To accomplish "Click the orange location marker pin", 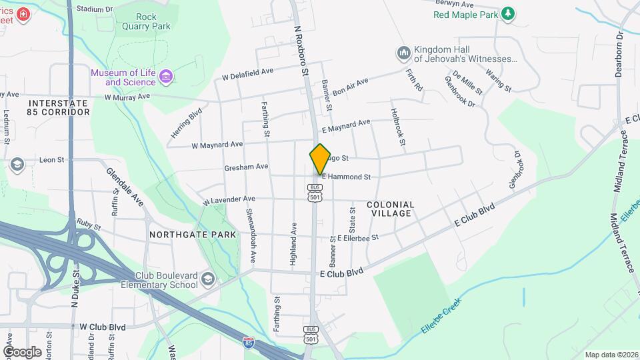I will [320, 159].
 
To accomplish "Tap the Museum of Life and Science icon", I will [167, 77].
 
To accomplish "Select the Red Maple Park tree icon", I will [508, 14].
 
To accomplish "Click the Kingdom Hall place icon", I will [403, 53].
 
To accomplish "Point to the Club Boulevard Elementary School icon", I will [209, 279].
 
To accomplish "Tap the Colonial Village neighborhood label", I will [389, 209].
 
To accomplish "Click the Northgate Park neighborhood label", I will [193, 235].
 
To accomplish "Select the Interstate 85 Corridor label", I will [59, 108].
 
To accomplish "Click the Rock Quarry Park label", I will [153, 21].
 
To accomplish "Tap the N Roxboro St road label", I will [302, 50].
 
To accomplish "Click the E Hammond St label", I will [346, 177].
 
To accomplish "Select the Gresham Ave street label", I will [246, 167].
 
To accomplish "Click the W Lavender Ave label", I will [229, 199].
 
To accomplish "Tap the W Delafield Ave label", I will [248, 74].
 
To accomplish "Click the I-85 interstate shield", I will [248, 343].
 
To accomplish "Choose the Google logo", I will [23, 351].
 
